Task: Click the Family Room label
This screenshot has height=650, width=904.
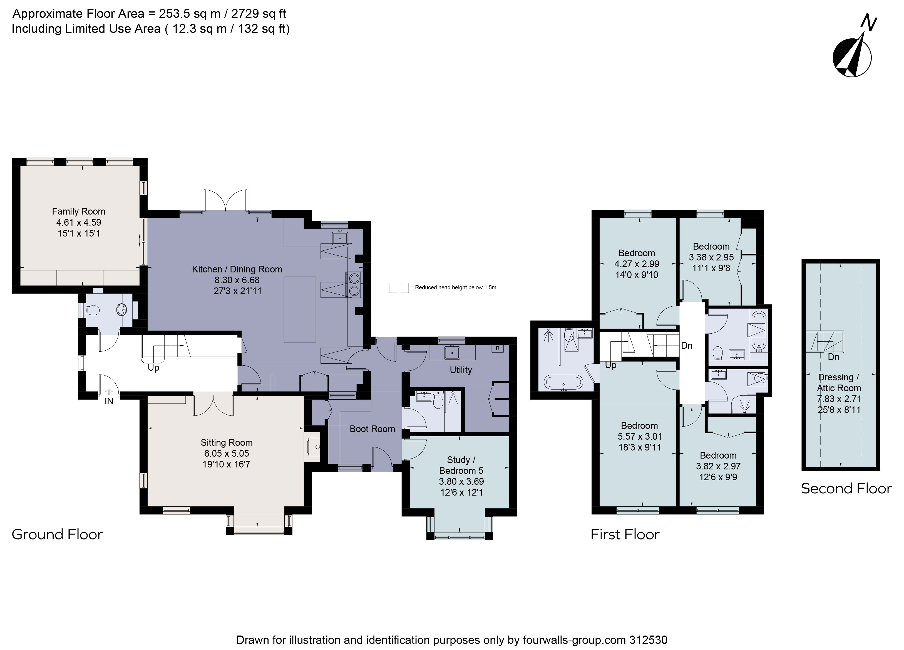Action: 78,211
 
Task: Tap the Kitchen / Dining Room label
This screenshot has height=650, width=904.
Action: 237,269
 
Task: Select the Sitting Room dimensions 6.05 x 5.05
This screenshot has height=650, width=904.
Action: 226,453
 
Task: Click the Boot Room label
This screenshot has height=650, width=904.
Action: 372,429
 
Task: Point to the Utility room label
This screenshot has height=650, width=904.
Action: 461,370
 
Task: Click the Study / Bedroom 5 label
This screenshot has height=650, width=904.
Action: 461,465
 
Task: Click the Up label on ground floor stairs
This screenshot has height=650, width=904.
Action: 153,368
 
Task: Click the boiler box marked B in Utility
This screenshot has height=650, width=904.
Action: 497,348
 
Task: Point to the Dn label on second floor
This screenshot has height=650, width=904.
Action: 833,357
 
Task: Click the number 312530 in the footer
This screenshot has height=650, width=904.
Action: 648,640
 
